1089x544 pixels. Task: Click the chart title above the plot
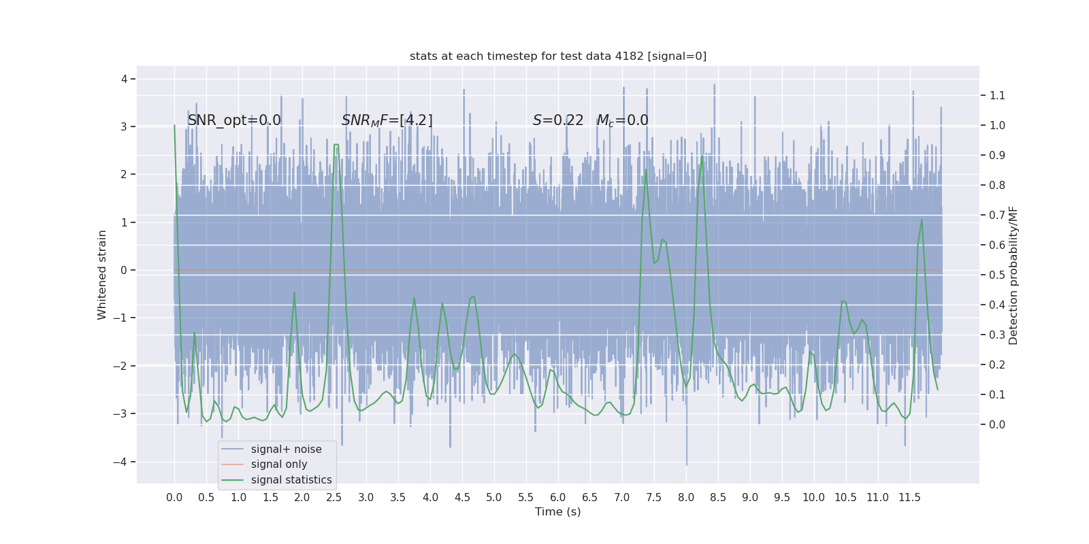pyautogui.click(x=558, y=56)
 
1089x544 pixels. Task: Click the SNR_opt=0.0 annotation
pyautogui.click(x=234, y=120)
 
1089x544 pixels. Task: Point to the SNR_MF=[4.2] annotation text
pyautogui.click(x=387, y=120)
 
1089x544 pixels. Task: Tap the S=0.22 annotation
pyautogui.click(x=558, y=120)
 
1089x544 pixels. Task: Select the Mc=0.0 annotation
pyautogui.click(x=622, y=120)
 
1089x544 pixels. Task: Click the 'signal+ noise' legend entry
pyautogui.click(x=286, y=449)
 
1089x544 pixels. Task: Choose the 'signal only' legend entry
pyautogui.click(x=279, y=464)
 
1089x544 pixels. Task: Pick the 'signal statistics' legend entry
pyautogui.click(x=291, y=480)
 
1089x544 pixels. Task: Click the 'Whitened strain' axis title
pyautogui.click(x=102, y=275)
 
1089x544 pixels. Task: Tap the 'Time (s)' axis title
pyautogui.click(x=558, y=512)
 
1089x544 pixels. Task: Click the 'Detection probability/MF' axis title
pyautogui.click(x=1013, y=275)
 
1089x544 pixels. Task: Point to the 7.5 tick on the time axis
pyautogui.click(x=654, y=498)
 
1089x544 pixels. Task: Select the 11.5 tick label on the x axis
pyautogui.click(x=909, y=498)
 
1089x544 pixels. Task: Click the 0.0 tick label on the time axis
pyautogui.click(x=174, y=498)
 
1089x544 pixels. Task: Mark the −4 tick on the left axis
pyautogui.click(x=124, y=462)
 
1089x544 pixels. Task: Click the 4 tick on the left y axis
pyautogui.click(x=125, y=79)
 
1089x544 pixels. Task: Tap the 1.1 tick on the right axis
pyautogui.click(x=997, y=95)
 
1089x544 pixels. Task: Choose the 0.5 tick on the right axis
pyautogui.click(x=997, y=275)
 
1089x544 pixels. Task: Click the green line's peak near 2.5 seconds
pyautogui.click(x=336, y=145)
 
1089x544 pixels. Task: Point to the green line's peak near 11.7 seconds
pyautogui.click(x=922, y=219)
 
